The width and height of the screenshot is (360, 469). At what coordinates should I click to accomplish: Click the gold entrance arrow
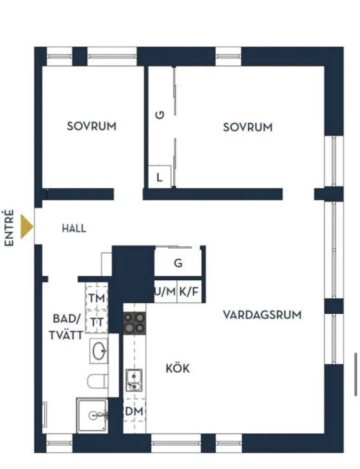pos(27,227)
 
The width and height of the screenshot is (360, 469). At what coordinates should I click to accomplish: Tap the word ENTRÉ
pos(10,228)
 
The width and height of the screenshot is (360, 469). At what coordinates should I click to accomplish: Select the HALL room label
pos(74,228)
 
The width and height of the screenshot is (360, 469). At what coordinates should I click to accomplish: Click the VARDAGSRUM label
pos(262,315)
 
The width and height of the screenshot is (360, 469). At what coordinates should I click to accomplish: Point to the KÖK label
pos(177,368)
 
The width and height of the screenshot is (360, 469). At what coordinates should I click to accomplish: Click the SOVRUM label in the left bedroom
pos(92,126)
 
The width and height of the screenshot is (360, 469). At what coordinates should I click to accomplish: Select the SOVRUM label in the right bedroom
pos(247,127)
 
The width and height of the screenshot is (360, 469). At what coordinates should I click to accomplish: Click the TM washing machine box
pos(97,298)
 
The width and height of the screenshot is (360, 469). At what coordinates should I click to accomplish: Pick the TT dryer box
pos(97,322)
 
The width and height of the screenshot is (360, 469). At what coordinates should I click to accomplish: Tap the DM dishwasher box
pos(134,412)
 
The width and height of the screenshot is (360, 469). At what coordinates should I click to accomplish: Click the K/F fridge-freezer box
pos(189,291)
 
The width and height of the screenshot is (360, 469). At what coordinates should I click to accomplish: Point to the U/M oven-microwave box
pos(165,291)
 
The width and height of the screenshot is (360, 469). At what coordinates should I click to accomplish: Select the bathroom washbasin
pos(98,351)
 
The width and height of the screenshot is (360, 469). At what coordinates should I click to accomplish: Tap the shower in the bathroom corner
pos(93,415)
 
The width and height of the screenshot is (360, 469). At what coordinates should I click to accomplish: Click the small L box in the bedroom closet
pos(159,177)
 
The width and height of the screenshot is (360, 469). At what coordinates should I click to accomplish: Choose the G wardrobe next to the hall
pos(178,263)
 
